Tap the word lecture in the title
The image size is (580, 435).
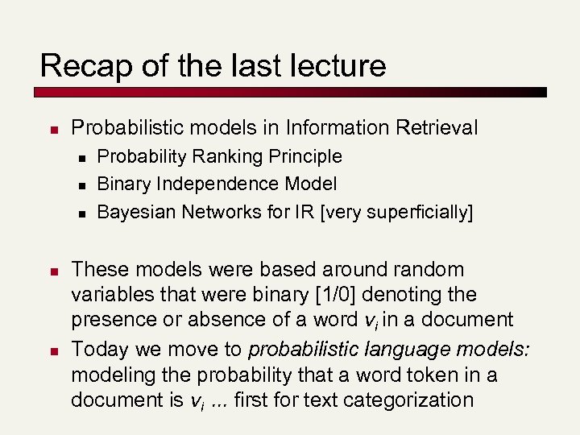[x=338, y=65]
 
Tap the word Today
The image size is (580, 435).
[x=98, y=349]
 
